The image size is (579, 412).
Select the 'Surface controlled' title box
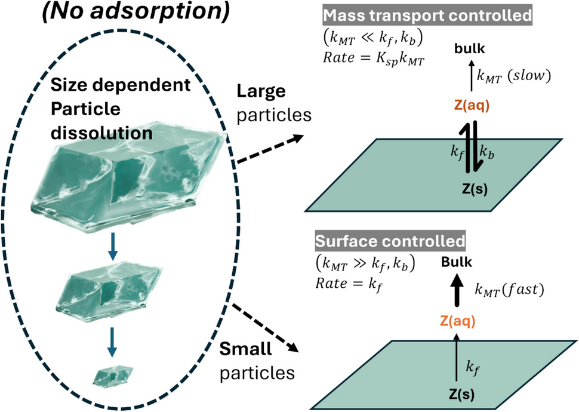pyautogui.click(x=390, y=241)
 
